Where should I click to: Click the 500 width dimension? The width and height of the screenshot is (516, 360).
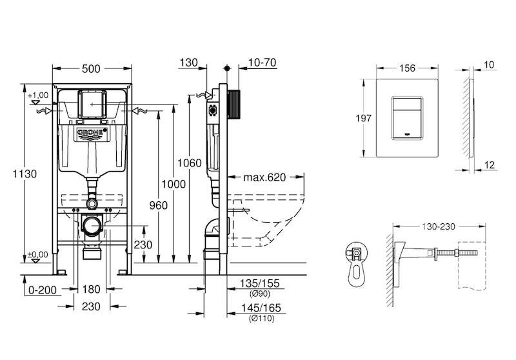(91, 69)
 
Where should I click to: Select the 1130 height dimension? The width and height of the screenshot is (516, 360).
(25, 174)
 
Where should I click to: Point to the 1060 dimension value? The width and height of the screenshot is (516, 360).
(189, 163)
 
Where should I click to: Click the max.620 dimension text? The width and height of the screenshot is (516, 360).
(264, 177)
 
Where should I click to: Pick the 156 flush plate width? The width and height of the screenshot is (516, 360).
(408, 68)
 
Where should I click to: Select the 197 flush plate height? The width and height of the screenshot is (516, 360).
(363, 118)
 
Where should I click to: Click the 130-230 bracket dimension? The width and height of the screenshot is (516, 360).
(439, 226)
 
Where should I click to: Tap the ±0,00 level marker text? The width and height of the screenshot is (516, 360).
(38, 254)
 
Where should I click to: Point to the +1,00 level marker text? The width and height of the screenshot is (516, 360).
(38, 95)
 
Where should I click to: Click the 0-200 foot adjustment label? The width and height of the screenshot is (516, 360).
(43, 290)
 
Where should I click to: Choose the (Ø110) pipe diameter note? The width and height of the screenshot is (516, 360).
(262, 318)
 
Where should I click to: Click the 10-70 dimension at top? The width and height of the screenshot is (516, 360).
(263, 63)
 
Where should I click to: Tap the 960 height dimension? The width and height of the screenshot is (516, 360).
(158, 205)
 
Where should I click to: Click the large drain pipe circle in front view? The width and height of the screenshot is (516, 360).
(92, 225)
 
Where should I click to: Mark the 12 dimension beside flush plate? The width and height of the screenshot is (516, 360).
(490, 165)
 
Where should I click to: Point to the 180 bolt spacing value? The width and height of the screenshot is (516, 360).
(91, 289)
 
